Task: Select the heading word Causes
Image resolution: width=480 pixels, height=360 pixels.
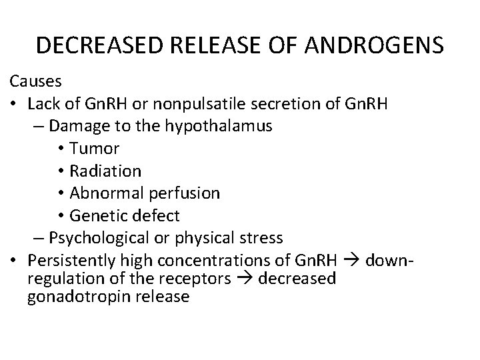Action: [x=35, y=81]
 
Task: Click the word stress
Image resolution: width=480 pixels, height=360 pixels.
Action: [x=265, y=237]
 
